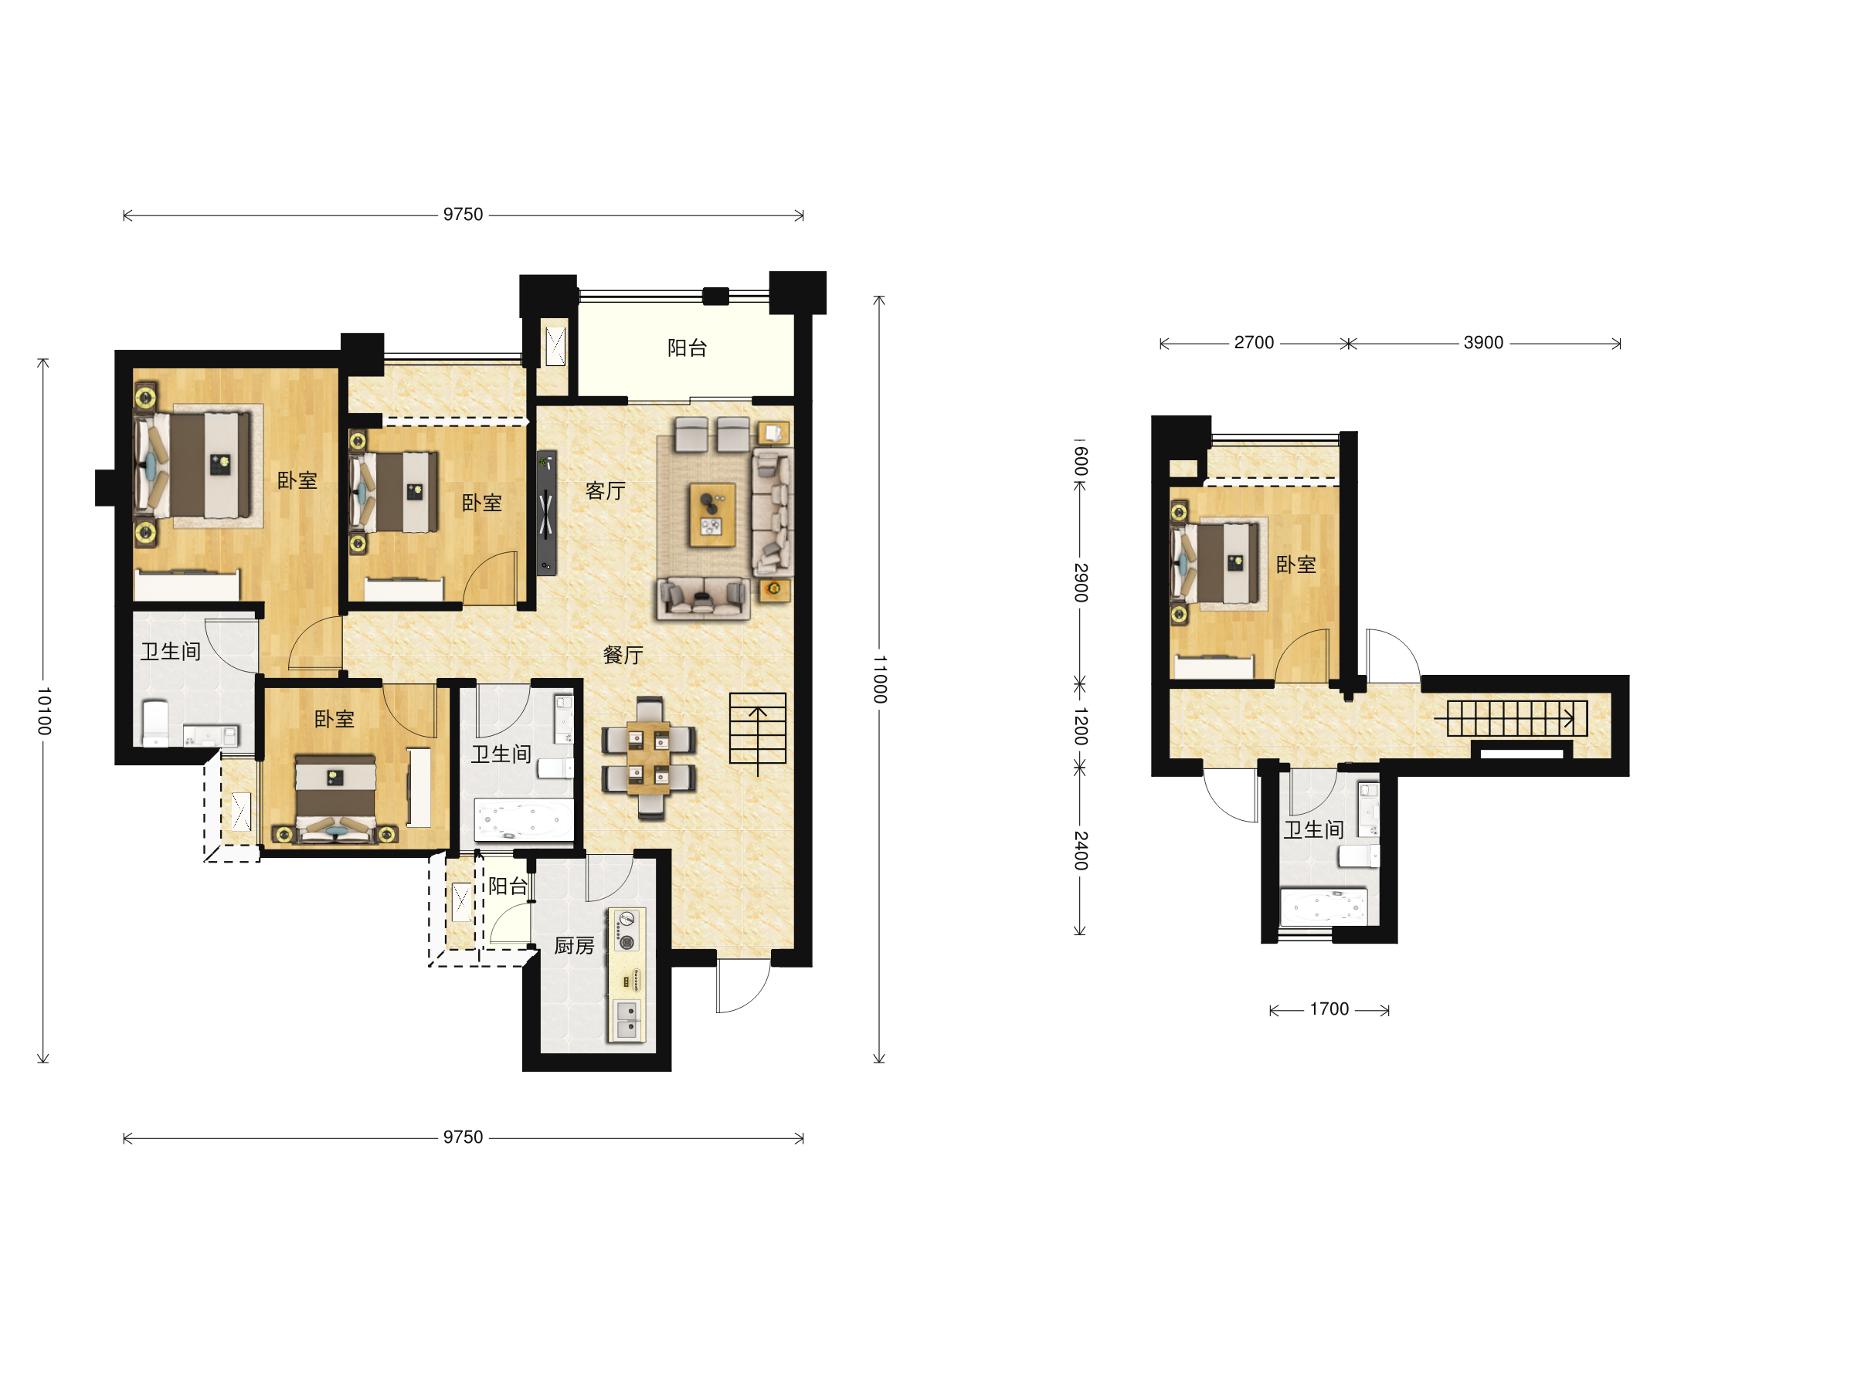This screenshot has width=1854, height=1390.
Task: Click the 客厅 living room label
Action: coord(605,491)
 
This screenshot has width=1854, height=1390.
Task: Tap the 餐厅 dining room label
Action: coord(623,655)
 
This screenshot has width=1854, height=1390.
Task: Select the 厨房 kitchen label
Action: coord(574,946)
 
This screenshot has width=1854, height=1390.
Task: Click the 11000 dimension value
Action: coord(879,680)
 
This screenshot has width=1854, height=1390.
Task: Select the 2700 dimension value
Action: coord(1254,343)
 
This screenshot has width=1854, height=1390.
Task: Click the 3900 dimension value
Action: coord(1483,343)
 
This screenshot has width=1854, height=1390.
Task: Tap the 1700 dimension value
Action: coord(1329,1009)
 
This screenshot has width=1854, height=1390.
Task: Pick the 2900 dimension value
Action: coord(1081,583)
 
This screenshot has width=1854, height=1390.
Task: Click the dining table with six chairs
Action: coord(649,758)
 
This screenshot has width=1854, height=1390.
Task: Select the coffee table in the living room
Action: coord(712,514)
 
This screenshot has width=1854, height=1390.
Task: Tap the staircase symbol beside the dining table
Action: coord(758,729)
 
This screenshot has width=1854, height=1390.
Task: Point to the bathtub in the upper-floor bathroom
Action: coord(1323,907)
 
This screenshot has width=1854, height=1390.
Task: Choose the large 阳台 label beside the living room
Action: coord(688,347)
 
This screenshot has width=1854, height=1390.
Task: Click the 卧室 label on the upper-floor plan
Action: coord(1295,564)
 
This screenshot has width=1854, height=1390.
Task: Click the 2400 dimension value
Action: coord(1081,850)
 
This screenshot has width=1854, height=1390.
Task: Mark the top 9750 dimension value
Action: coord(463,215)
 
